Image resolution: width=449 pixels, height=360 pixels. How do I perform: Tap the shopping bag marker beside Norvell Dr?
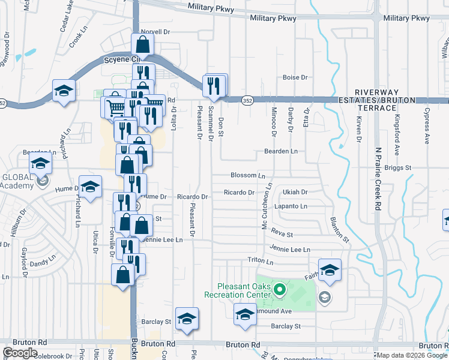[x=142, y=44]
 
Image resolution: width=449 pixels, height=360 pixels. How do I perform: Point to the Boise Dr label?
[x=295, y=77]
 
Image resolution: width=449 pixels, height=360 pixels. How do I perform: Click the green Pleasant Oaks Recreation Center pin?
[x=279, y=292]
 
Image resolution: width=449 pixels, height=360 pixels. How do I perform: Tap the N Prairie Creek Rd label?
[x=378, y=181]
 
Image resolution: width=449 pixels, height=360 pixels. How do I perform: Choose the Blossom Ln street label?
[x=248, y=176]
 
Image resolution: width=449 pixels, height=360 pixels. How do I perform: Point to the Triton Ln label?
[x=261, y=262]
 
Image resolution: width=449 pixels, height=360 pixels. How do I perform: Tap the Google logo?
[x=20, y=353]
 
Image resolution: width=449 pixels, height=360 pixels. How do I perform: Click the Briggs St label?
[x=397, y=168]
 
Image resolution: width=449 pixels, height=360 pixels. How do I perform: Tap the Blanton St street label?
[x=339, y=229]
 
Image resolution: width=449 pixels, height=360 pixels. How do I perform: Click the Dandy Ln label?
[x=42, y=263]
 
